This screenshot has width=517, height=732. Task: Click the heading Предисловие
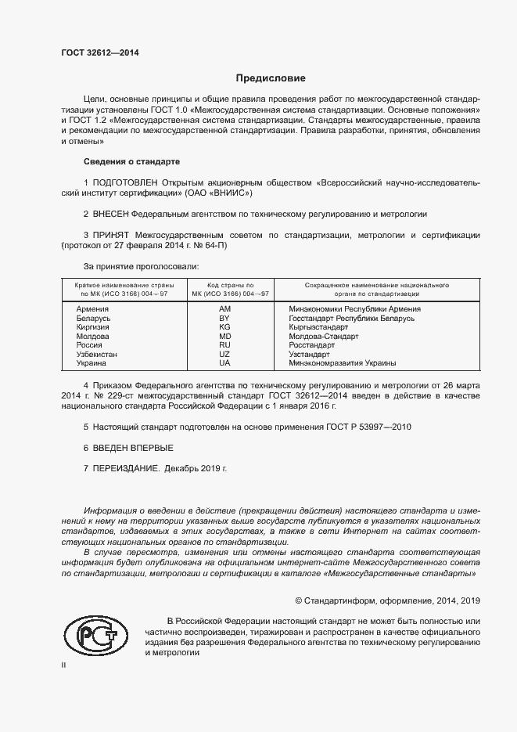tap(271, 78)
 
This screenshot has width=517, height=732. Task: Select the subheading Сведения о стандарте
tap(131, 161)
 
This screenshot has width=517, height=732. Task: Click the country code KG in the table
tap(224, 327)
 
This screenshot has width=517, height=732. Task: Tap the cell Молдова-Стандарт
tap(323, 337)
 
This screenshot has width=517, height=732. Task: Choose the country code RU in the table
tap(224, 345)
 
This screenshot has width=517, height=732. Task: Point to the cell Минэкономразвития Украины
tap(342, 363)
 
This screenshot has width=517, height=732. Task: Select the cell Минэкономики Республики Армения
tap(354, 309)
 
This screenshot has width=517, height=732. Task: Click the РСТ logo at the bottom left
tap(95, 636)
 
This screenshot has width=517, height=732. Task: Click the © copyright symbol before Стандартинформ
tap(299, 601)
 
